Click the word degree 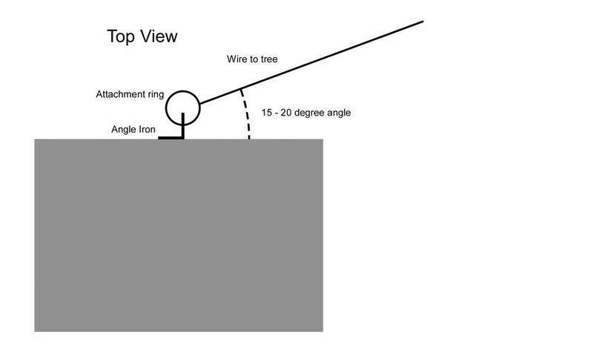pos(311,114)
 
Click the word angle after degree pos(341,114)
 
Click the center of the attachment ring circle pos(182,108)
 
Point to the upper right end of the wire pos(422,21)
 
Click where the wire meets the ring pos(199,103)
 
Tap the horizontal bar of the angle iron pos(171,138)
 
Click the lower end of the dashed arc pos(249,138)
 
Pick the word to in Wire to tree pos(254,59)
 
